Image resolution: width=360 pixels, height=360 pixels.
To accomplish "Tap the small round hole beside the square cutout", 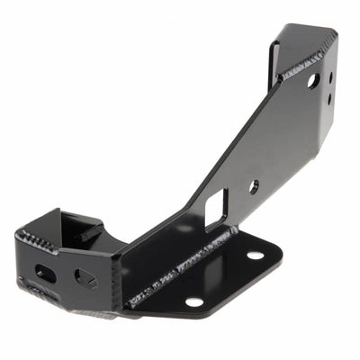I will [254, 186].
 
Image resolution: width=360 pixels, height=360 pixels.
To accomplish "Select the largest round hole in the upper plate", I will [312, 80].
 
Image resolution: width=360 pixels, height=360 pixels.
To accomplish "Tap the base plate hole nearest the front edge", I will [193, 301].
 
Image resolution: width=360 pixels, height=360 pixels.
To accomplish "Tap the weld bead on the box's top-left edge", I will [34, 239].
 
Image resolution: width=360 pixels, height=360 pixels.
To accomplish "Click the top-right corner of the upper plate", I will [335, 34].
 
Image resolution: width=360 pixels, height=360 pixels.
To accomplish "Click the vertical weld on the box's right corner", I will [117, 270].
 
